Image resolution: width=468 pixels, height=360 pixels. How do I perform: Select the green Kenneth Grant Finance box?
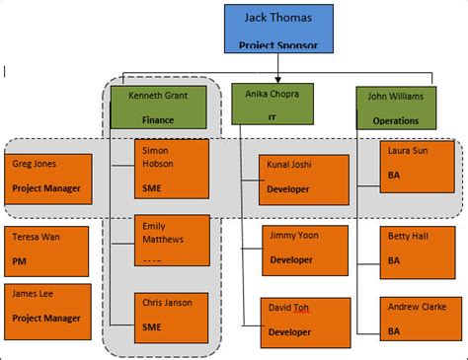click(159, 108)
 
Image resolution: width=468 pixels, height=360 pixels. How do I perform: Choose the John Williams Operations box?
click(395, 108)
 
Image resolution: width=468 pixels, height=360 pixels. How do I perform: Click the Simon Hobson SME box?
click(171, 168)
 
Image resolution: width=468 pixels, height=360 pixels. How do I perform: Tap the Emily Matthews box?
click(171, 241)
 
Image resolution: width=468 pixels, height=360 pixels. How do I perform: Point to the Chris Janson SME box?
click(171, 316)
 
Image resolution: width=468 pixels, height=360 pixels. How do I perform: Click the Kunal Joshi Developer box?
click(304, 179)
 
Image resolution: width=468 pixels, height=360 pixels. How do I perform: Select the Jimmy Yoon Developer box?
click(304, 250)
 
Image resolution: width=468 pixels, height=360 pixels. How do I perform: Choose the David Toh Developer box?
click(304, 322)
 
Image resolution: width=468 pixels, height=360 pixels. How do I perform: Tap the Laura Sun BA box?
click(420, 169)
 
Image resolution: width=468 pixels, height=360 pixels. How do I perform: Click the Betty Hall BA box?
click(420, 251)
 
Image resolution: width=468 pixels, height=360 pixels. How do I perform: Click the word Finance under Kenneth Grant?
click(160, 120)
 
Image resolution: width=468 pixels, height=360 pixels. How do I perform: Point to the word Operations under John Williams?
click(395, 120)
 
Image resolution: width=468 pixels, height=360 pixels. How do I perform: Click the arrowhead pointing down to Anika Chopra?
click(277, 77)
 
